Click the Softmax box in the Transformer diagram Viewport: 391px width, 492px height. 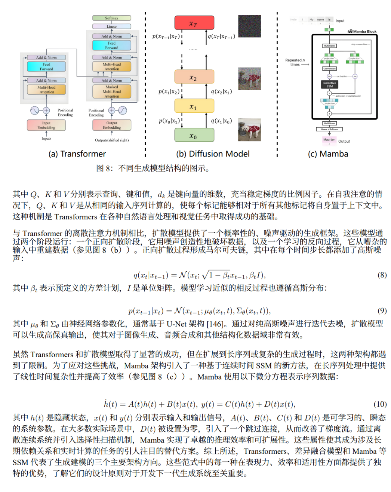tap(111, 18)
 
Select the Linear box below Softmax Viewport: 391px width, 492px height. tap(111, 27)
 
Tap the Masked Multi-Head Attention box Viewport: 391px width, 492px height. tap(111, 92)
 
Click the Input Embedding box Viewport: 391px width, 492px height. tap(46, 125)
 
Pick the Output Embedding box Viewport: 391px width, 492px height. tap(112, 125)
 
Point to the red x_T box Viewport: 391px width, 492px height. tap(194, 23)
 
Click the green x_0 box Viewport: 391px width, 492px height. tap(194, 135)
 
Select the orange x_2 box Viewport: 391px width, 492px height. tap(194, 77)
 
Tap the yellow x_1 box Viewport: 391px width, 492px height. tap(194, 106)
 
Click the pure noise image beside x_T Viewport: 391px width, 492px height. tap(249, 27)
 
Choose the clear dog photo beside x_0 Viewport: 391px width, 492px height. tap(249, 130)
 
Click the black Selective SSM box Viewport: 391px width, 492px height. tap(329, 85)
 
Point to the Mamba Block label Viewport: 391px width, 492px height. tap(362, 31)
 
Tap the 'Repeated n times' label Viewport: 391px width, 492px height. tap(295, 62)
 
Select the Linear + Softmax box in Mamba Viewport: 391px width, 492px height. tap(329, 129)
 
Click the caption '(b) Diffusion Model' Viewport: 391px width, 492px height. tap(213, 154)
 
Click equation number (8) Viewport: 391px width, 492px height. tap(382, 275)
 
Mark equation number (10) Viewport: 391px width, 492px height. tap(380, 404)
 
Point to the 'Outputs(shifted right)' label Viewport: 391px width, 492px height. tap(111, 140)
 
